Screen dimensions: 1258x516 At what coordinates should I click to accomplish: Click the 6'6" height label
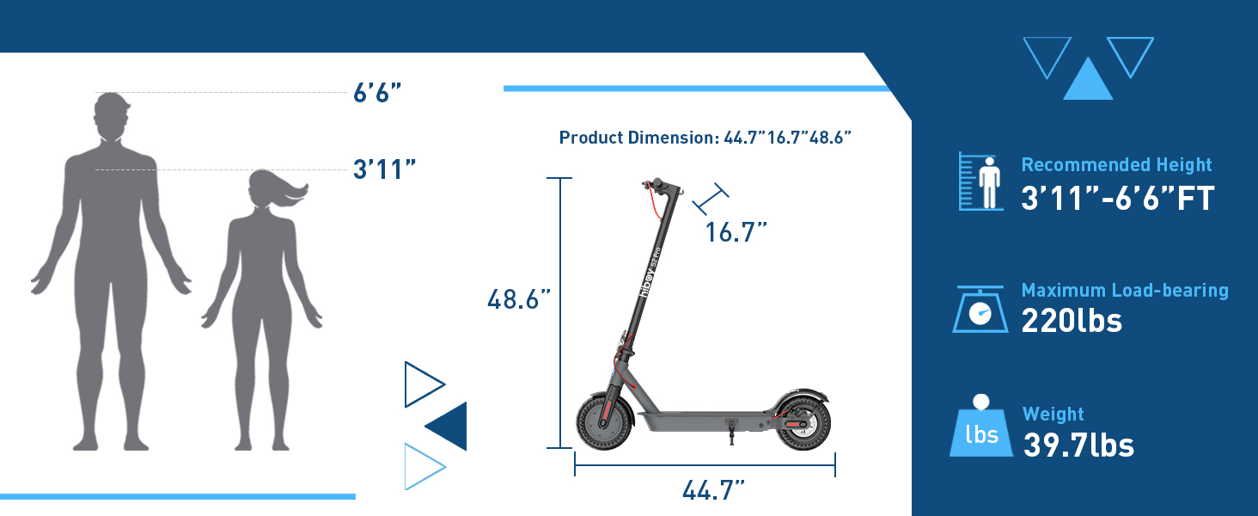(377, 93)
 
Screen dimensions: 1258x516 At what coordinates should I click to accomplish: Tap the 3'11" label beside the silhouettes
(385, 169)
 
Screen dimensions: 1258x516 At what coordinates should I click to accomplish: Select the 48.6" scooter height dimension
(519, 299)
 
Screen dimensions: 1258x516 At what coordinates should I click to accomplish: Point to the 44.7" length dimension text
(713, 490)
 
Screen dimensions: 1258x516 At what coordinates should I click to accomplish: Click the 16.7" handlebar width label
(736, 232)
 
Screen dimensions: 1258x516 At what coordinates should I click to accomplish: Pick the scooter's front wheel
(604, 421)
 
